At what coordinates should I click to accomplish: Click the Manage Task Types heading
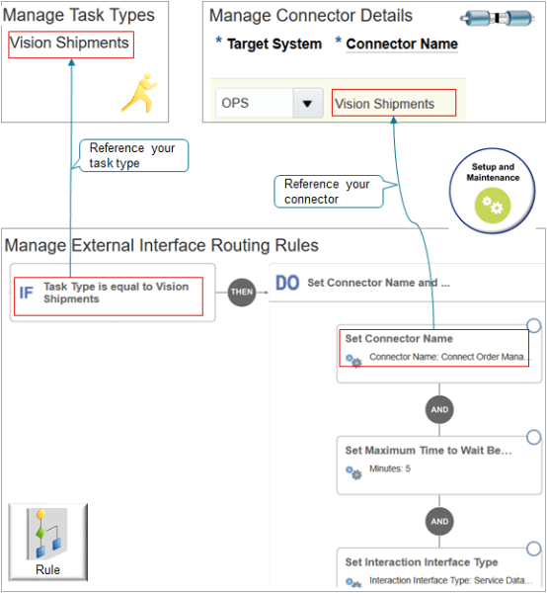pos(79,16)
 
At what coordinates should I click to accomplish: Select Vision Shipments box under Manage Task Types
pos(70,43)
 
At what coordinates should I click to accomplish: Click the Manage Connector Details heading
pos(311,16)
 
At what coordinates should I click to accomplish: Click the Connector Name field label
pos(401,44)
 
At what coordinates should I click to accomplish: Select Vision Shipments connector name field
pos(393,104)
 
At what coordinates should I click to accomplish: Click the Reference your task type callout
pos(131,155)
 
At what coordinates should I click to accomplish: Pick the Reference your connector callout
pos(327,191)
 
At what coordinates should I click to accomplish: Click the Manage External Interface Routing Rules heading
pos(162,245)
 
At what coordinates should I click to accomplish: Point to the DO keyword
pos(287,283)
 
